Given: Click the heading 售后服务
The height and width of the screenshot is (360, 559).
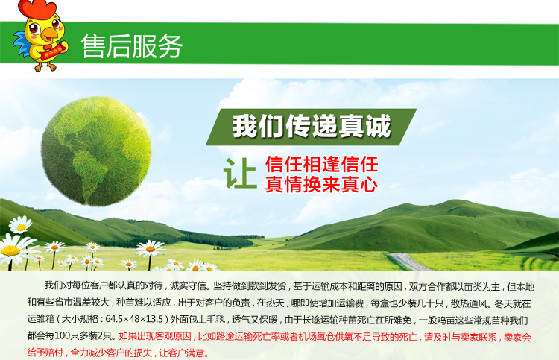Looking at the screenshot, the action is tap(132, 45).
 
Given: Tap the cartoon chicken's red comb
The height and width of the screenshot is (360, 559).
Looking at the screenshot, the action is tap(37, 8).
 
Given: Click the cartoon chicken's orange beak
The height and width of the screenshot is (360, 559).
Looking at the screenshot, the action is tap(49, 34).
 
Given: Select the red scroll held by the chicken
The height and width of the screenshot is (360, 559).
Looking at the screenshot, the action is tap(54, 50).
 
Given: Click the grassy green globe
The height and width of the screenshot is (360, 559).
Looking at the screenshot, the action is tap(96, 151).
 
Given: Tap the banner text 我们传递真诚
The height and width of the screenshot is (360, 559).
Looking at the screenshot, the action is tap(312, 126).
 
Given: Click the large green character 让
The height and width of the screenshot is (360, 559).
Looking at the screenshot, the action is tap(240, 173).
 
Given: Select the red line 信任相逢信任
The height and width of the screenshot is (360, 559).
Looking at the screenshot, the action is tap(321, 164).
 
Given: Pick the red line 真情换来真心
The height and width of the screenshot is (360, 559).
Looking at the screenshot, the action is tap(321, 184).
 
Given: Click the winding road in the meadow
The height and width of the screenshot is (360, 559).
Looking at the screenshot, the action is tap(409, 262).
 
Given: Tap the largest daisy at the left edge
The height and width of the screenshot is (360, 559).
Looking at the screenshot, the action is tap(13, 250).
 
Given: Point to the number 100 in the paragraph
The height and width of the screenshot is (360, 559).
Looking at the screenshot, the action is tap(62, 335).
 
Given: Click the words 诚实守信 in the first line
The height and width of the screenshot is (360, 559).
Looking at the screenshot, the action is tap(189, 286).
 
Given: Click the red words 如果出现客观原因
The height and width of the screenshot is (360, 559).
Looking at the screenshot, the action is tap(155, 336).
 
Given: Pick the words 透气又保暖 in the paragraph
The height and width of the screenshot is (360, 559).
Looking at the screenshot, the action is tap(255, 319).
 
